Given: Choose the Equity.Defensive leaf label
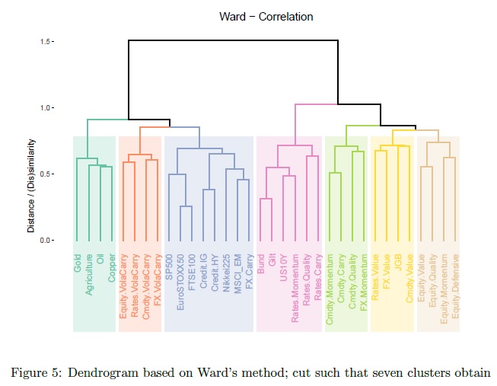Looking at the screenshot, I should pyautogui.click(x=454, y=282).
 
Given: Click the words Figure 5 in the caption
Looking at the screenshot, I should pyautogui.click(x=33, y=372).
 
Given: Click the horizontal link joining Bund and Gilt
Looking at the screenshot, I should pyautogui.click(x=266, y=199).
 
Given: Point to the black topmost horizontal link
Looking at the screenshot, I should pyautogui.click(x=229, y=41).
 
